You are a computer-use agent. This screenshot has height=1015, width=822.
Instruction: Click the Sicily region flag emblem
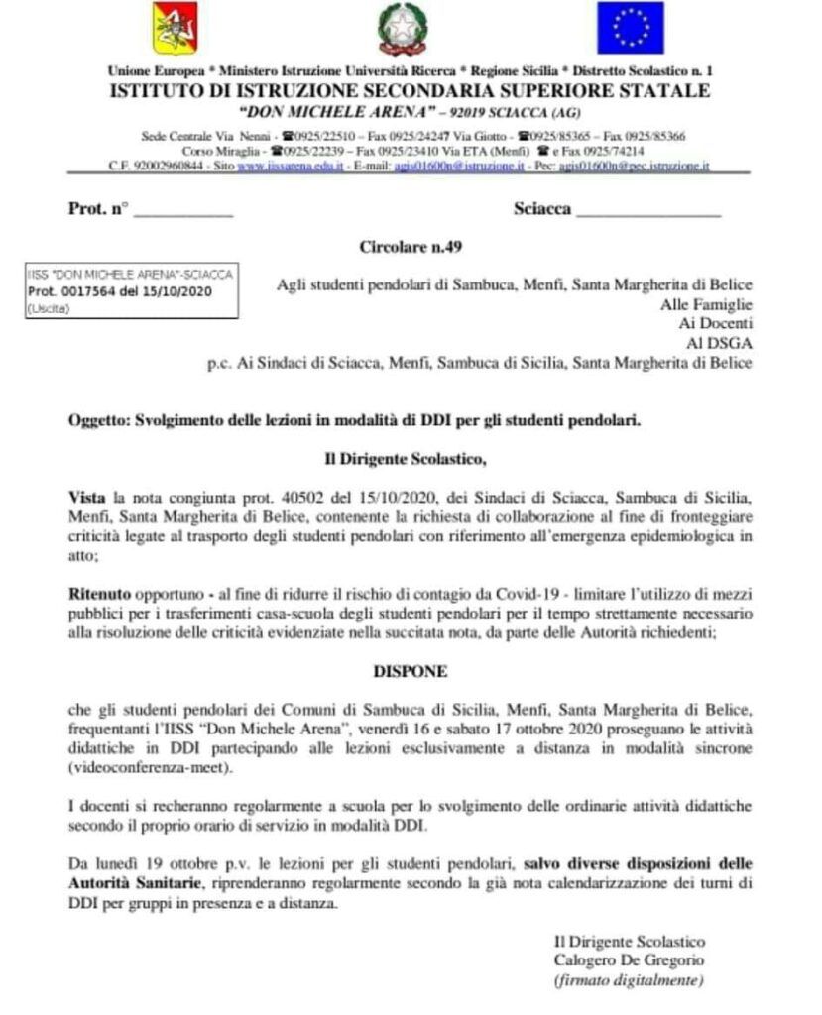(175, 30)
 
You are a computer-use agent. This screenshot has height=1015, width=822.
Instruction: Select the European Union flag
(630, 28)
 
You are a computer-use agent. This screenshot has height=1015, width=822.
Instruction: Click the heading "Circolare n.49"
(411, 245)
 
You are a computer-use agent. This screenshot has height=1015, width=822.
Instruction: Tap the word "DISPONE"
(410, 671)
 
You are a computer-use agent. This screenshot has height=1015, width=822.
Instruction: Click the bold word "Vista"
(87, 493)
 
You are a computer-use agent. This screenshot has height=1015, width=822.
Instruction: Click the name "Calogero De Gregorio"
(629, 960)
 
